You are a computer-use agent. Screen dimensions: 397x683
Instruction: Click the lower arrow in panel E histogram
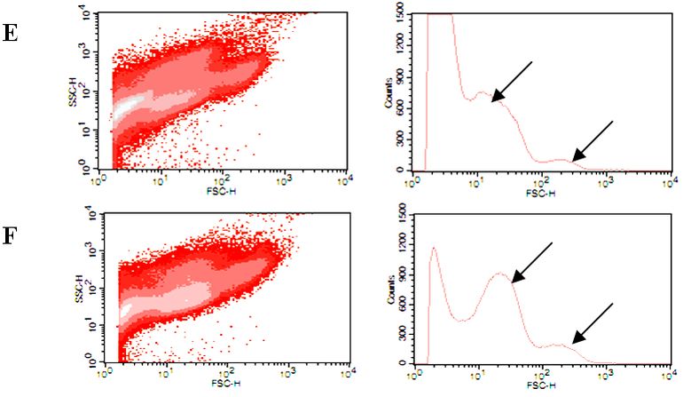[x=592, y=141]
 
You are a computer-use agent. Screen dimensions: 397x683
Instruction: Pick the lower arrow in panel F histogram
[x=592, y=322]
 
